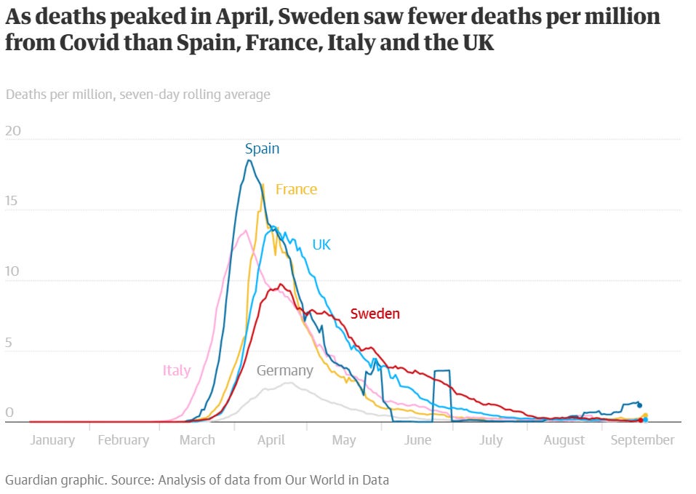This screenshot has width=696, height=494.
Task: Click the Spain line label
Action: (x=262, y=148)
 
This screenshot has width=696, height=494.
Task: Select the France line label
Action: (x=296, y=189)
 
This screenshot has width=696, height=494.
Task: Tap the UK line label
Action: (x=321, y=244)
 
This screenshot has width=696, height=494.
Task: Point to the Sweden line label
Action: (x=375, y=314)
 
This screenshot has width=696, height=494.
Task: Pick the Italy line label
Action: (x=177, y=370)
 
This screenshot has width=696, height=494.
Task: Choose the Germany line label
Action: (x=284, y=370)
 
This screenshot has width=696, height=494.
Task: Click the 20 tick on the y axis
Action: (x=13, y=132)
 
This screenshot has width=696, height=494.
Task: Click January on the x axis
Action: (x=52, y=440)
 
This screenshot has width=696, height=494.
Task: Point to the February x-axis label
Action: (x=123, y=440)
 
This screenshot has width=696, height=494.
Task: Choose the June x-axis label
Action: (x=417, y=440)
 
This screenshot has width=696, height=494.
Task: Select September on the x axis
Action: (x=643, y=440)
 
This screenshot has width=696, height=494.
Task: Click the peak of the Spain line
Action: (x=249, y=160)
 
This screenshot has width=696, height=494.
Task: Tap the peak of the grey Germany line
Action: (x=289, y=383)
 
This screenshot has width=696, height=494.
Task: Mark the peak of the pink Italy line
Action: (x=246, y=231)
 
